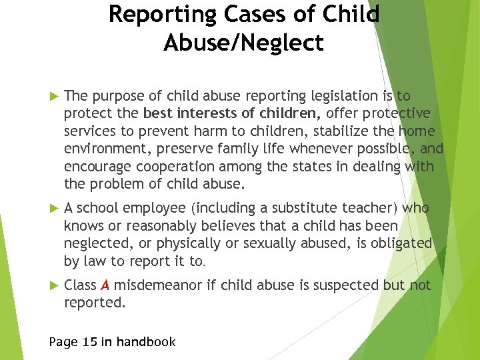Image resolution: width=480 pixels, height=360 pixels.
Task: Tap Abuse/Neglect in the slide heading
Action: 243,43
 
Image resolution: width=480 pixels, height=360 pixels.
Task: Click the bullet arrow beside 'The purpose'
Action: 55,96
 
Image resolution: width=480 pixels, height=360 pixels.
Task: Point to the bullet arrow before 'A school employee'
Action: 55,209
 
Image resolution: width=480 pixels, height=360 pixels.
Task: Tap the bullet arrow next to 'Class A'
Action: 55,285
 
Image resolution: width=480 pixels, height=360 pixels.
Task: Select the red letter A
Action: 105,285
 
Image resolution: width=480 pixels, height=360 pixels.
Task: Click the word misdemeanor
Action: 155,285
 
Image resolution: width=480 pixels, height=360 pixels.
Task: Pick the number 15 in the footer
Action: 91,342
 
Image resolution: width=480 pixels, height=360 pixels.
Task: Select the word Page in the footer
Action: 64,342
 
